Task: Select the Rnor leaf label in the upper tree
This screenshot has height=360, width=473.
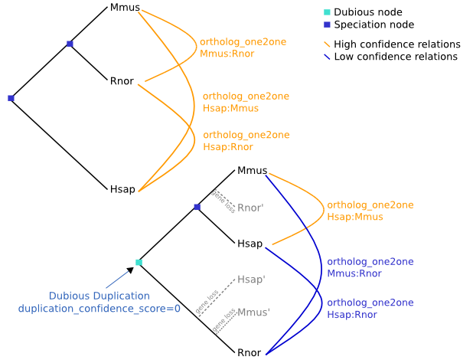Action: coord(122,80)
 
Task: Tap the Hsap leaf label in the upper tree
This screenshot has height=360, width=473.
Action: coord(122,189)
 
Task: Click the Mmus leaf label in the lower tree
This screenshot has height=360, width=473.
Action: coord(252,170)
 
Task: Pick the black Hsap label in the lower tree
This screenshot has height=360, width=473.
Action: coord(250,244)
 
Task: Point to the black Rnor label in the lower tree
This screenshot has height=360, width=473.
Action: coord(250,353)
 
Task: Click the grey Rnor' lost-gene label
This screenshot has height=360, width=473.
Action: coord(251,208)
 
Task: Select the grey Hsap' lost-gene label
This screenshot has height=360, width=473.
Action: coord(251,280)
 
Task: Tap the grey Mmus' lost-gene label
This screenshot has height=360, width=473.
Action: coord(253,313)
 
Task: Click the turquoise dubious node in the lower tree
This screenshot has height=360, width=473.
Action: coord(139,263)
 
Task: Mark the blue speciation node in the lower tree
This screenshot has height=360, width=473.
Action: coord(197,207)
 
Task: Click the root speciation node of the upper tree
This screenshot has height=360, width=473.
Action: coord(11,98)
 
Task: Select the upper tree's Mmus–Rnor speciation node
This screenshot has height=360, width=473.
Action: coord(70,44)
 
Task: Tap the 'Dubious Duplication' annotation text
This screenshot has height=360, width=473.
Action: coord(99,296)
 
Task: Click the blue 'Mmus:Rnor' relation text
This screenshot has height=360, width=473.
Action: coord(354,273)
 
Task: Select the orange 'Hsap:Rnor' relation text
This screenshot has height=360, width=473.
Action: coord(228,147)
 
